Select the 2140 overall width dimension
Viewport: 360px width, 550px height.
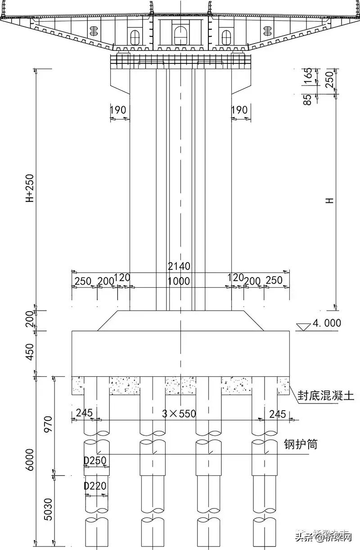tap(179, 266)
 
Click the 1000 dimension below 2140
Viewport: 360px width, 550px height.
tap(179, 281)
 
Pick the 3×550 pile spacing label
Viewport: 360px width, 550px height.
tap(179, 413)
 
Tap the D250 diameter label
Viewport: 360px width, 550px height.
tap(95, 461)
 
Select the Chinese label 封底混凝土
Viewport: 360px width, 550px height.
tap(326, 396)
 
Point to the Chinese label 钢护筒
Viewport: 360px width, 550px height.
tap(300, 444)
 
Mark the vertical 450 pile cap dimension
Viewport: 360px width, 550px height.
tap(30, 353)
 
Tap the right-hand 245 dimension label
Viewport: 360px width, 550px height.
tap(278, 413)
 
